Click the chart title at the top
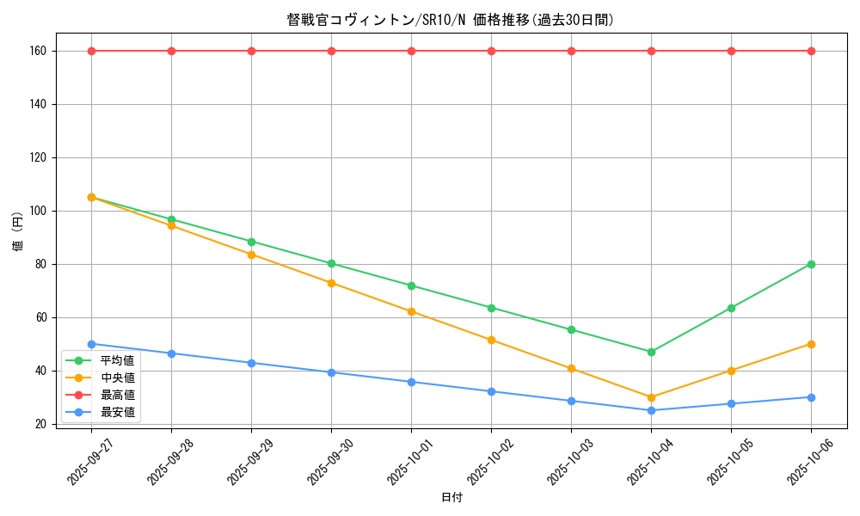point(450,20)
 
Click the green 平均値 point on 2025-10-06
point(811,264)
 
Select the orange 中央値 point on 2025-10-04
point(651,397)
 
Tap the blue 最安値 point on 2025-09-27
point(91,344)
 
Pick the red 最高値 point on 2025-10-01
point(411,51)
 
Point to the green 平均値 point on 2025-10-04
point(651,352)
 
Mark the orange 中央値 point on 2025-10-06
point(811,344)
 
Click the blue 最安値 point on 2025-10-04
point(651,410)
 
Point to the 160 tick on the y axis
point(37,51)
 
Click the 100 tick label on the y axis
point(37,211)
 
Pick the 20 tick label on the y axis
point(40,424)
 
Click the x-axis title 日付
point(451,498)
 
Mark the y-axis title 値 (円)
point(18,231)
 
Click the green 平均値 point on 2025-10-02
point(491,308)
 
